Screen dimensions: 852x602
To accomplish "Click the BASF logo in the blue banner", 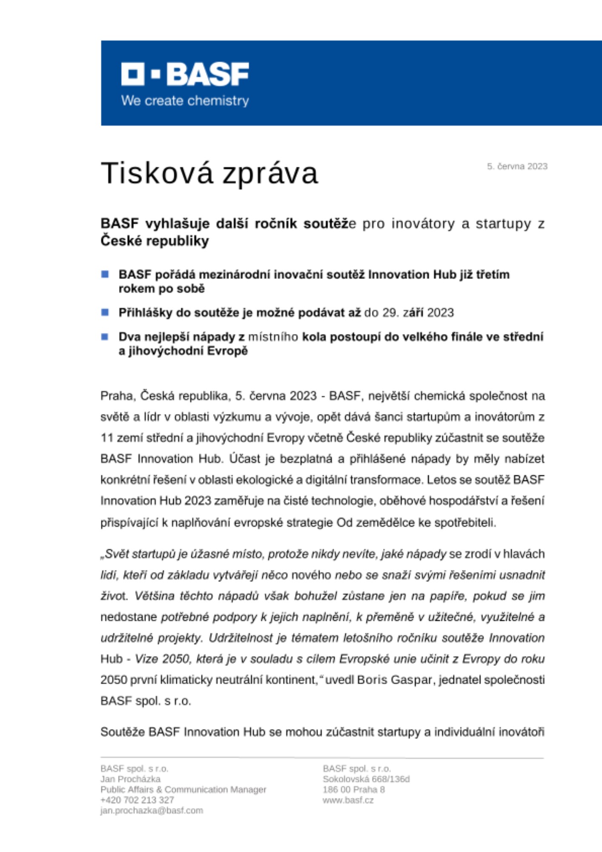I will [185, 74].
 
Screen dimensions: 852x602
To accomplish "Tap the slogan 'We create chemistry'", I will [185, 101].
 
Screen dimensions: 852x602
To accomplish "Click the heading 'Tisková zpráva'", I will [209, 173].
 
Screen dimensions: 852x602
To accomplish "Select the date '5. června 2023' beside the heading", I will [517, 167].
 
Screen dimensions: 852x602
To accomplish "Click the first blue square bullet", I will [105, 274].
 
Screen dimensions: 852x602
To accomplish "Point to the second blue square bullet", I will [105, 312].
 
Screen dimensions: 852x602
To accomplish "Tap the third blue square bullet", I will [105, 337].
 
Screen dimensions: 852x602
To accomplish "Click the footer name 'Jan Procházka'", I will [130, 779].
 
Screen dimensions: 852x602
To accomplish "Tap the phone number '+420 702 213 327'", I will [137, 800].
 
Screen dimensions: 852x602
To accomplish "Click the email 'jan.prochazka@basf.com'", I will [152, 810].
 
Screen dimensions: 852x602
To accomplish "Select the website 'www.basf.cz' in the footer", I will [348, 800].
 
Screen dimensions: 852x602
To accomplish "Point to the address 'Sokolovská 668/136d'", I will [366, 779].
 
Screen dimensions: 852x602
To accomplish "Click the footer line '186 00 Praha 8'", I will [353, 789].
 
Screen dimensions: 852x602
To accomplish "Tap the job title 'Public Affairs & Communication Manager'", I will [183, 789].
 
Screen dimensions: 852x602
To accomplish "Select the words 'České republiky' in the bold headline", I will [155, 241].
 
